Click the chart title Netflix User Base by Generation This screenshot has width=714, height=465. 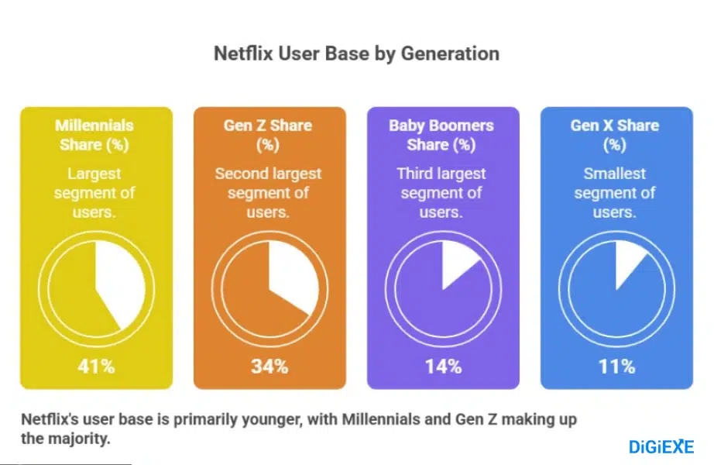(x=356, y=53)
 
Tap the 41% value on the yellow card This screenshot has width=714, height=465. (x=96, y=367)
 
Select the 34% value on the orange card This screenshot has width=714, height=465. (x=269, y=367)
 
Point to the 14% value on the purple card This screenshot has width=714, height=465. (x=443, y=367)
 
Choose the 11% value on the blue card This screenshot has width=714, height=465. (x=616, y=367)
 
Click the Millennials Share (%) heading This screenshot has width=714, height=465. (x=94, y=135)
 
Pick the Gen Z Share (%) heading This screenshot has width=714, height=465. (x=268, y=135)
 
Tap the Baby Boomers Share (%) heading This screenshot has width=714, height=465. (x=442, y=135)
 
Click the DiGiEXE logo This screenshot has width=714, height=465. (x=661, y=446)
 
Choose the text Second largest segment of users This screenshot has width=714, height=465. (x=268, y=193)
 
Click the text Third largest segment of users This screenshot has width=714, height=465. (x=442, y=193)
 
